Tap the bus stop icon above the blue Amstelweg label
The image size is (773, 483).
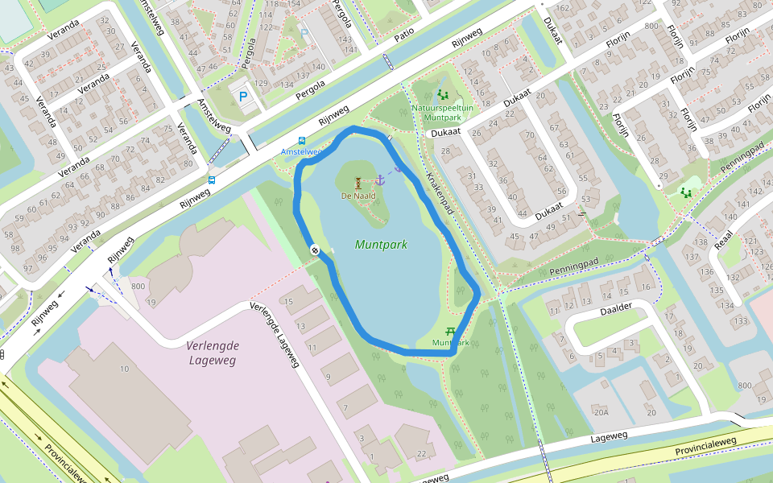(302, 140)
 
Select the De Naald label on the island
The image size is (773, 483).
(358, 196)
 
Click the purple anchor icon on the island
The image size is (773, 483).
(382, 178)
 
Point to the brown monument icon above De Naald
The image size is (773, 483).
(358, 182)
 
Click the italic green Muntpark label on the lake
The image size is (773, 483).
(381, 245)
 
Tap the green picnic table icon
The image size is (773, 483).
(451, 331)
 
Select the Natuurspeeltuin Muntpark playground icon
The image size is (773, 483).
(442, 94)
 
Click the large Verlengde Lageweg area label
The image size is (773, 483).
(212, 353)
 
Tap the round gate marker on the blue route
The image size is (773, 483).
(315, 250)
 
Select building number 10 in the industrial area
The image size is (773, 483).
(124, 369)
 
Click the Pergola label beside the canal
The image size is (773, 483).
(311, 85)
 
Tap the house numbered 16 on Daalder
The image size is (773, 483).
(646, 287)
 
